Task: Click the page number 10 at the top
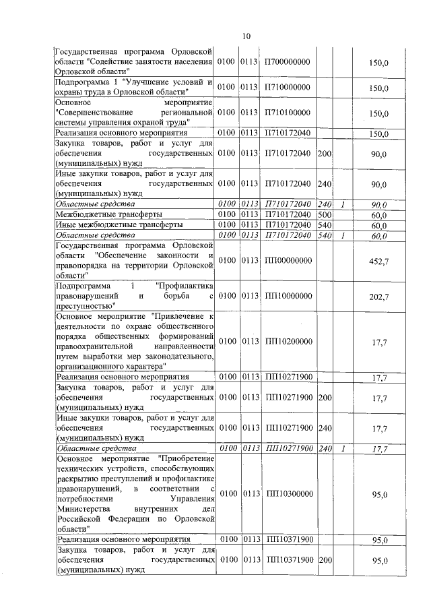(246, 36)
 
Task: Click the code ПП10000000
(289, 296)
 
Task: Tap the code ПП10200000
(289, 342)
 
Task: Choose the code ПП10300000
(289, 494)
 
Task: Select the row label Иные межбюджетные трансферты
(110, 225)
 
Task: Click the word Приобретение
(186, 458)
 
